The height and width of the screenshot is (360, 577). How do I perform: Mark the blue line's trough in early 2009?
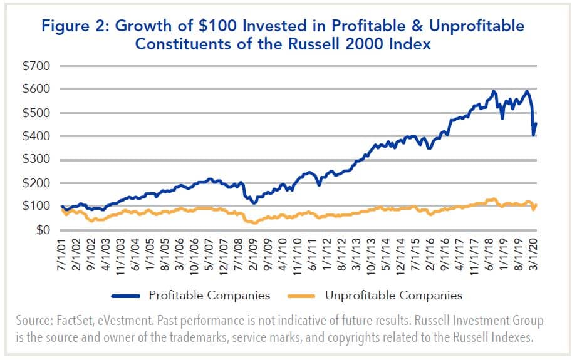[x=254, y=203]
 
